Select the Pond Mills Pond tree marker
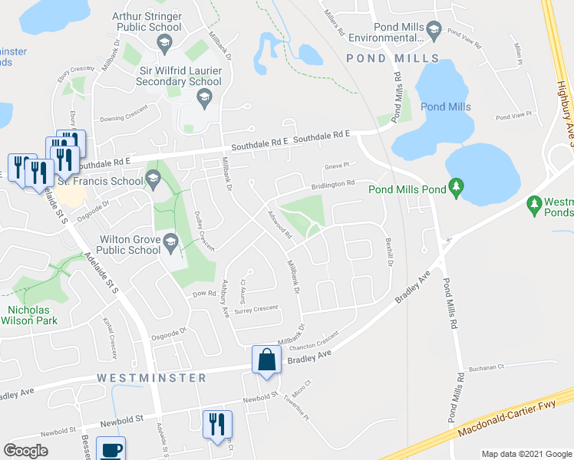point(457,186)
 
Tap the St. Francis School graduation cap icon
point(153,181)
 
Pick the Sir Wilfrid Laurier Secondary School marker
point(204,96)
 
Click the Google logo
point(25,451)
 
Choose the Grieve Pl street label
point(336,164)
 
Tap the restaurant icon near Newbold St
point(217,425)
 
